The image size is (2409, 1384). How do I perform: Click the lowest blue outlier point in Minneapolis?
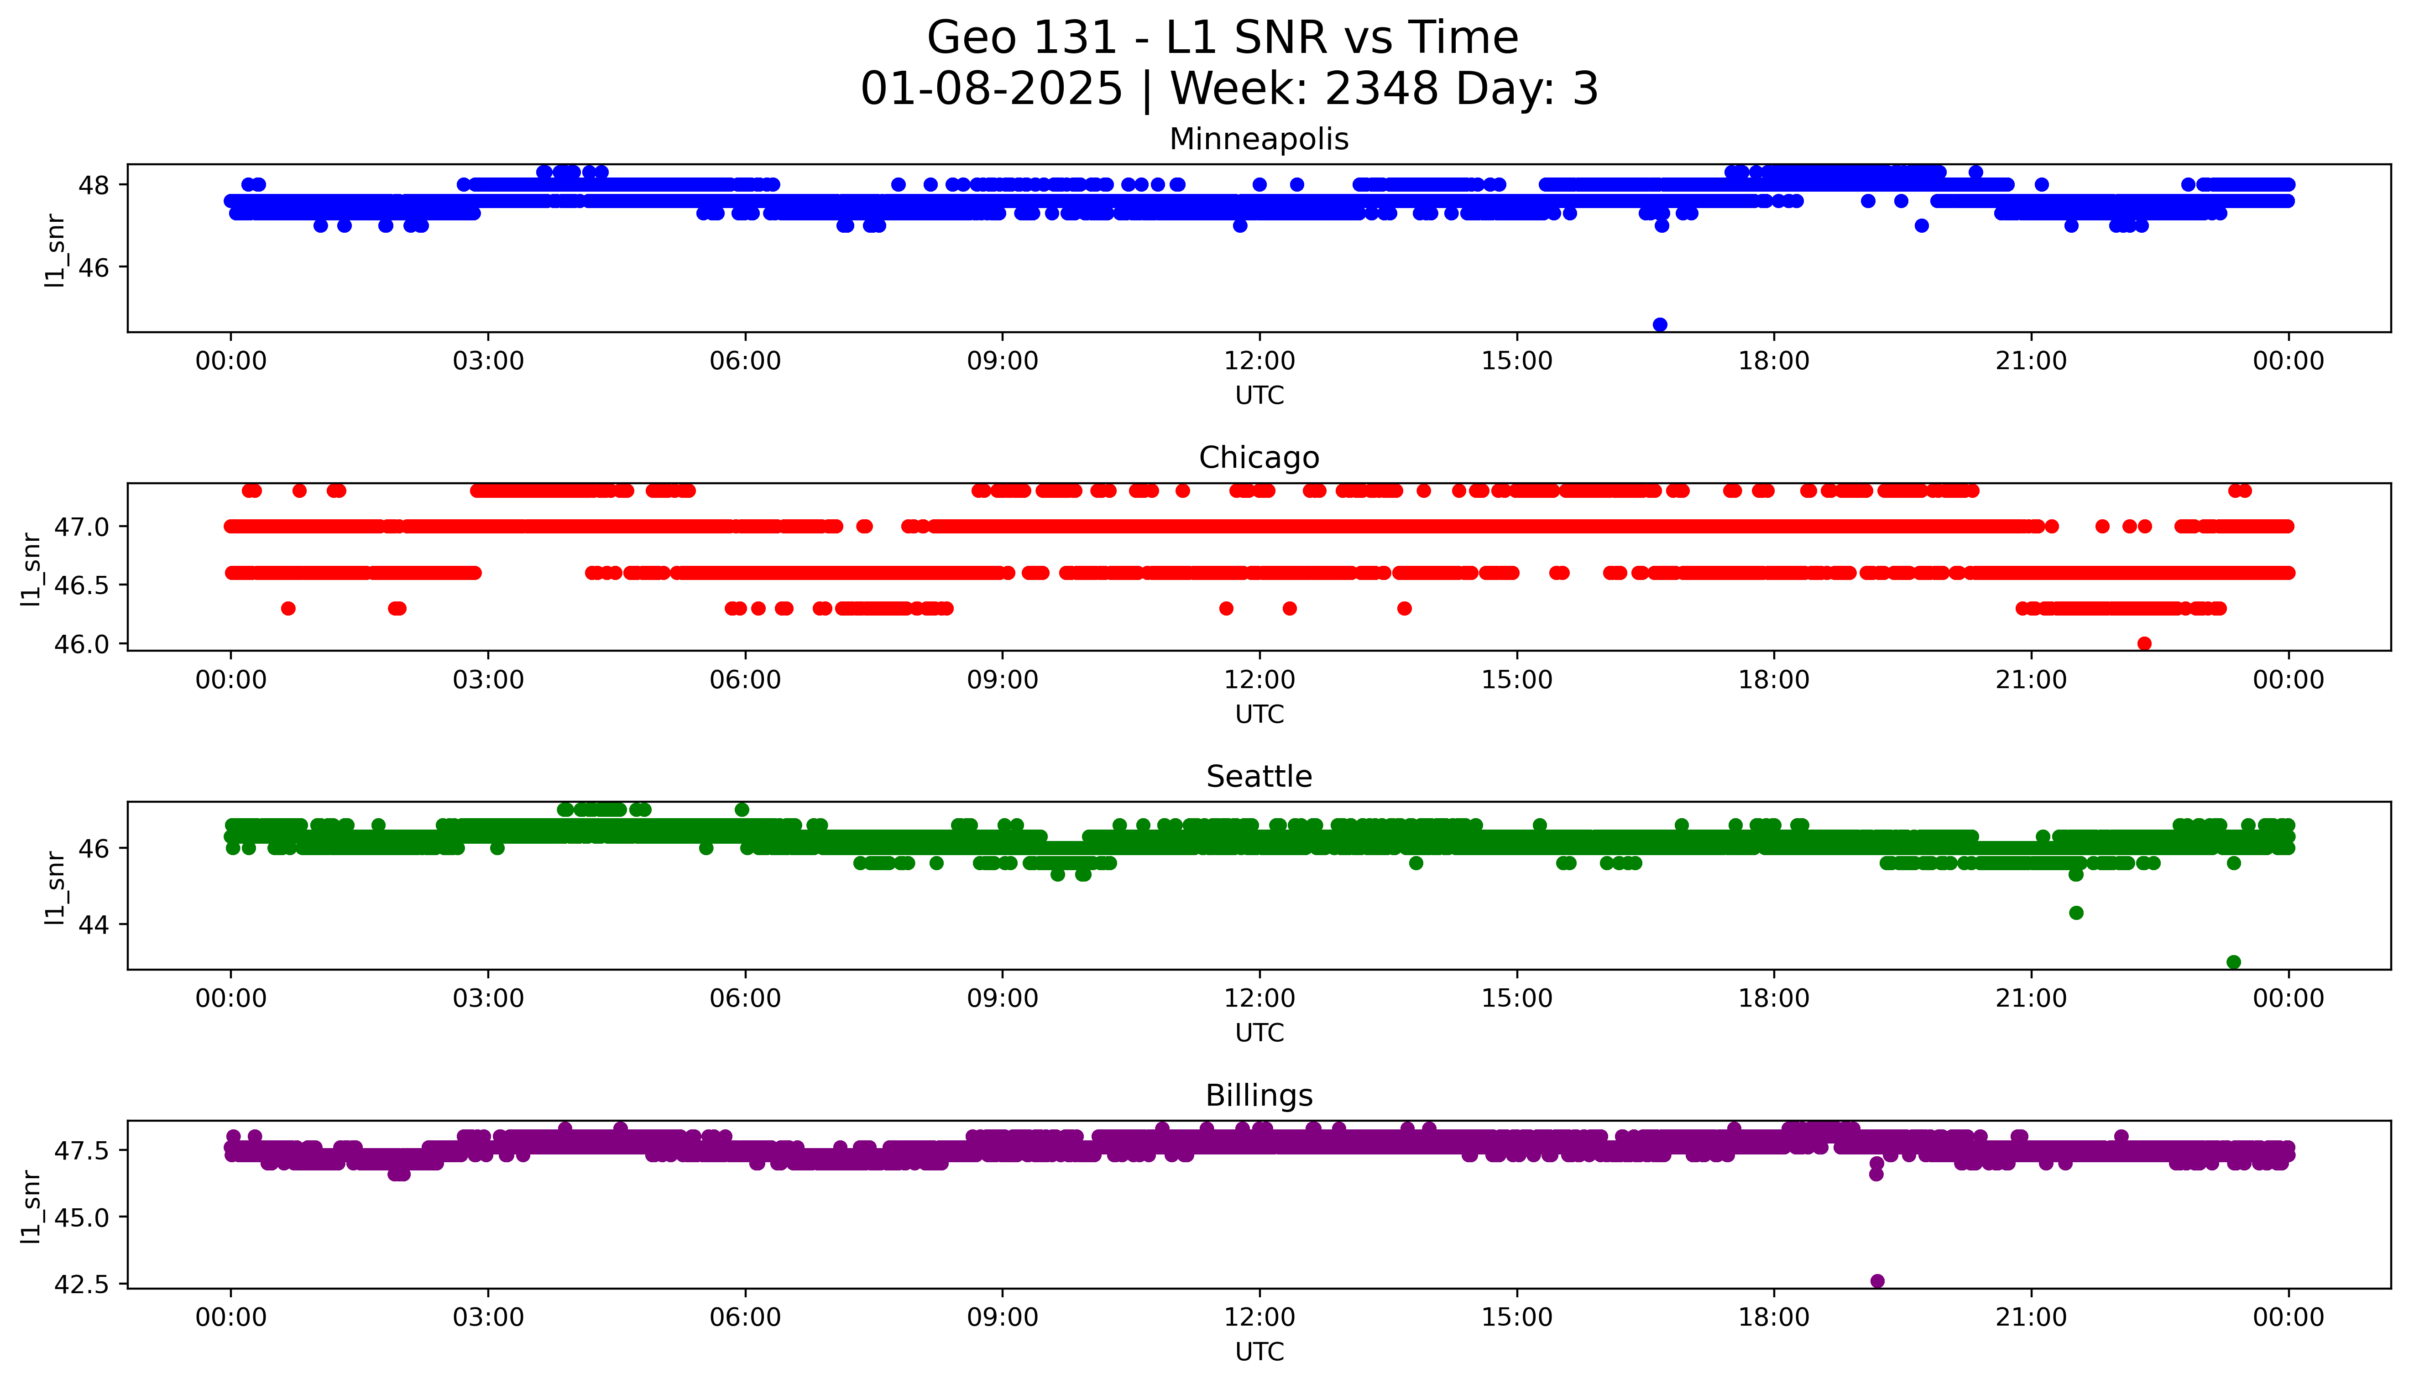coord(1659,324)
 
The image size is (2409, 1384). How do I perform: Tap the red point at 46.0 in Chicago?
coord(2144,643)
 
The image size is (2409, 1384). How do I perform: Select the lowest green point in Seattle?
coord(2233,962)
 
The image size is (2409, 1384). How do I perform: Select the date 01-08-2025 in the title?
coord(991,89)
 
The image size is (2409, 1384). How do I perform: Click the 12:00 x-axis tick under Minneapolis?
coord(1259,361)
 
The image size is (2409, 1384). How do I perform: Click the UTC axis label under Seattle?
coord(1259,1032)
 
